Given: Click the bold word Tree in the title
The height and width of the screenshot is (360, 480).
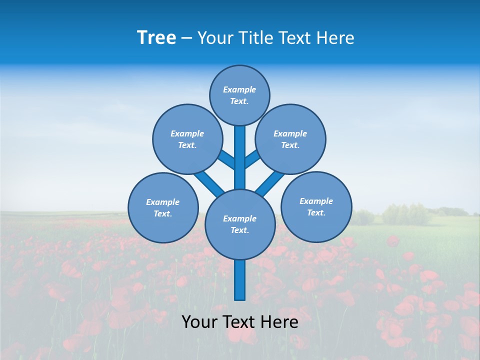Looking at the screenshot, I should pos(156,37).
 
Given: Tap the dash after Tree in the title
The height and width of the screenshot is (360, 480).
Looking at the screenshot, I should pos(186,38).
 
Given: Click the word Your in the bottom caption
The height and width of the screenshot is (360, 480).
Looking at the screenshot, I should pos(199,322).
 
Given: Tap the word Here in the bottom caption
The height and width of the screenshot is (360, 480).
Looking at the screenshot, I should pos(279,322).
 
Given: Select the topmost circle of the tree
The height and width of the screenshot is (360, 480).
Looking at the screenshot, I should pos(239,95).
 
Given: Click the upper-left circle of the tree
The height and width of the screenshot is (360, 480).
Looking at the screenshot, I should pos(187,139).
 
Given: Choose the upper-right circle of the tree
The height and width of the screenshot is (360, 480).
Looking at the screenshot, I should pos(290,139).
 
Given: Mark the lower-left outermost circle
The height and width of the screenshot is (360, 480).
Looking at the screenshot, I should pos(163,207).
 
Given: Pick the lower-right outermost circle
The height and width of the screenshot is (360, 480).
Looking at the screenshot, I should pos(316,206).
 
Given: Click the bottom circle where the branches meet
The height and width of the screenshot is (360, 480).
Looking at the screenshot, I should pos(240,224).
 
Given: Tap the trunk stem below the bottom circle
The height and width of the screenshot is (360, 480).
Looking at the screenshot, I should pos(240,280).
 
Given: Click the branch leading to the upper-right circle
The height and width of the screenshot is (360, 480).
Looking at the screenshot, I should pos(252,159).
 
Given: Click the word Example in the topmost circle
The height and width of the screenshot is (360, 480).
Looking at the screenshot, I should pos(239,89).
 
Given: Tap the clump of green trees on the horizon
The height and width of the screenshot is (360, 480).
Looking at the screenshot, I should pos(405,214).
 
